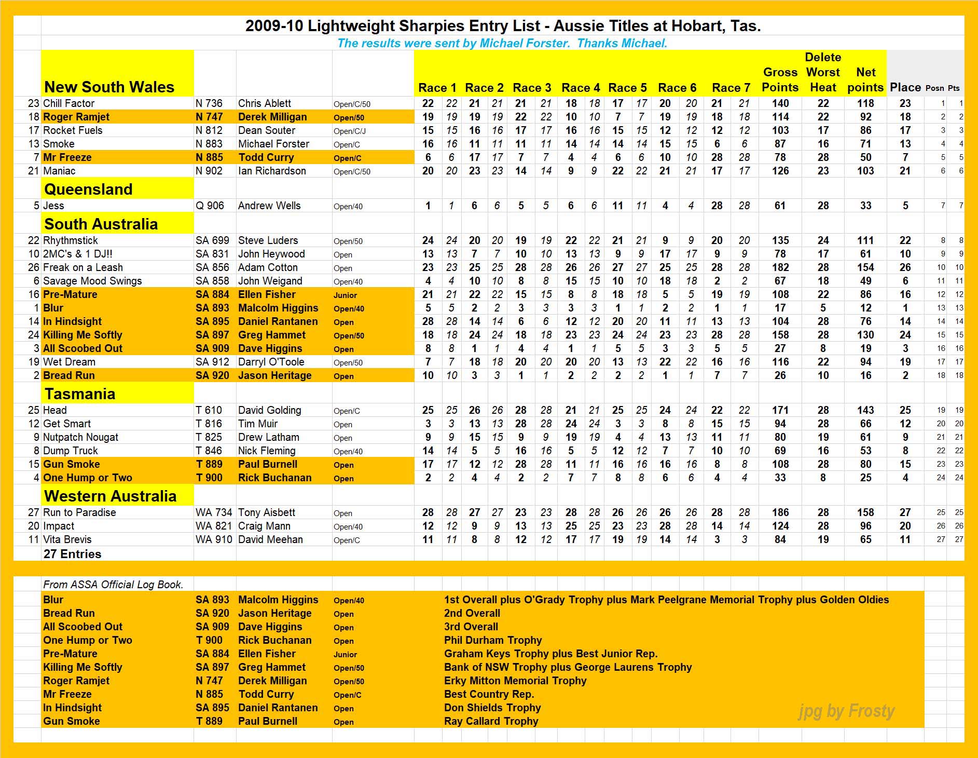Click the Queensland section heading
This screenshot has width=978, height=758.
tap(88, 189)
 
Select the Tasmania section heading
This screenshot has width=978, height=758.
tap(80, 394)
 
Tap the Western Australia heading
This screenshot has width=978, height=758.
tap(110, 496)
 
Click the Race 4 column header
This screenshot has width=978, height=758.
tap(581, 88)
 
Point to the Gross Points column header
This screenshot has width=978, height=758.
tap(780, 80)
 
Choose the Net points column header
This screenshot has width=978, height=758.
tap(865, 80)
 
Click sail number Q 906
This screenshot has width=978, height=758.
tap(210, 206)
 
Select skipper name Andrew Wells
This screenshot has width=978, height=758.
tap(269, 206)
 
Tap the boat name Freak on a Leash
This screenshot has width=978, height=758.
tap(83, 268)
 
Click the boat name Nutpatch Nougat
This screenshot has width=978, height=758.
tap(80, 438)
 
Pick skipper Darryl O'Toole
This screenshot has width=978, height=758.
tap(271, 362)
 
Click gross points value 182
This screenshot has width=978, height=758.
tap(780, 268)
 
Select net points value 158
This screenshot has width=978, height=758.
tap(865, 513)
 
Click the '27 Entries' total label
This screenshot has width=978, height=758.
tap(73, 554)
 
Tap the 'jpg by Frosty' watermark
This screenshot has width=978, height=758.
tap(846, 711)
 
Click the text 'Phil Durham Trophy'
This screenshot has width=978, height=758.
tap(492, 641)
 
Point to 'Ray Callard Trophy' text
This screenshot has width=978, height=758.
tap(491, 722)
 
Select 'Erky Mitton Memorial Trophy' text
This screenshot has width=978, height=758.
tap(515, 681)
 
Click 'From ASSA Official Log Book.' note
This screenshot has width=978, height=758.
tap(113, 585)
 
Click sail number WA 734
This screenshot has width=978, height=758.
tap(213, 513)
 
